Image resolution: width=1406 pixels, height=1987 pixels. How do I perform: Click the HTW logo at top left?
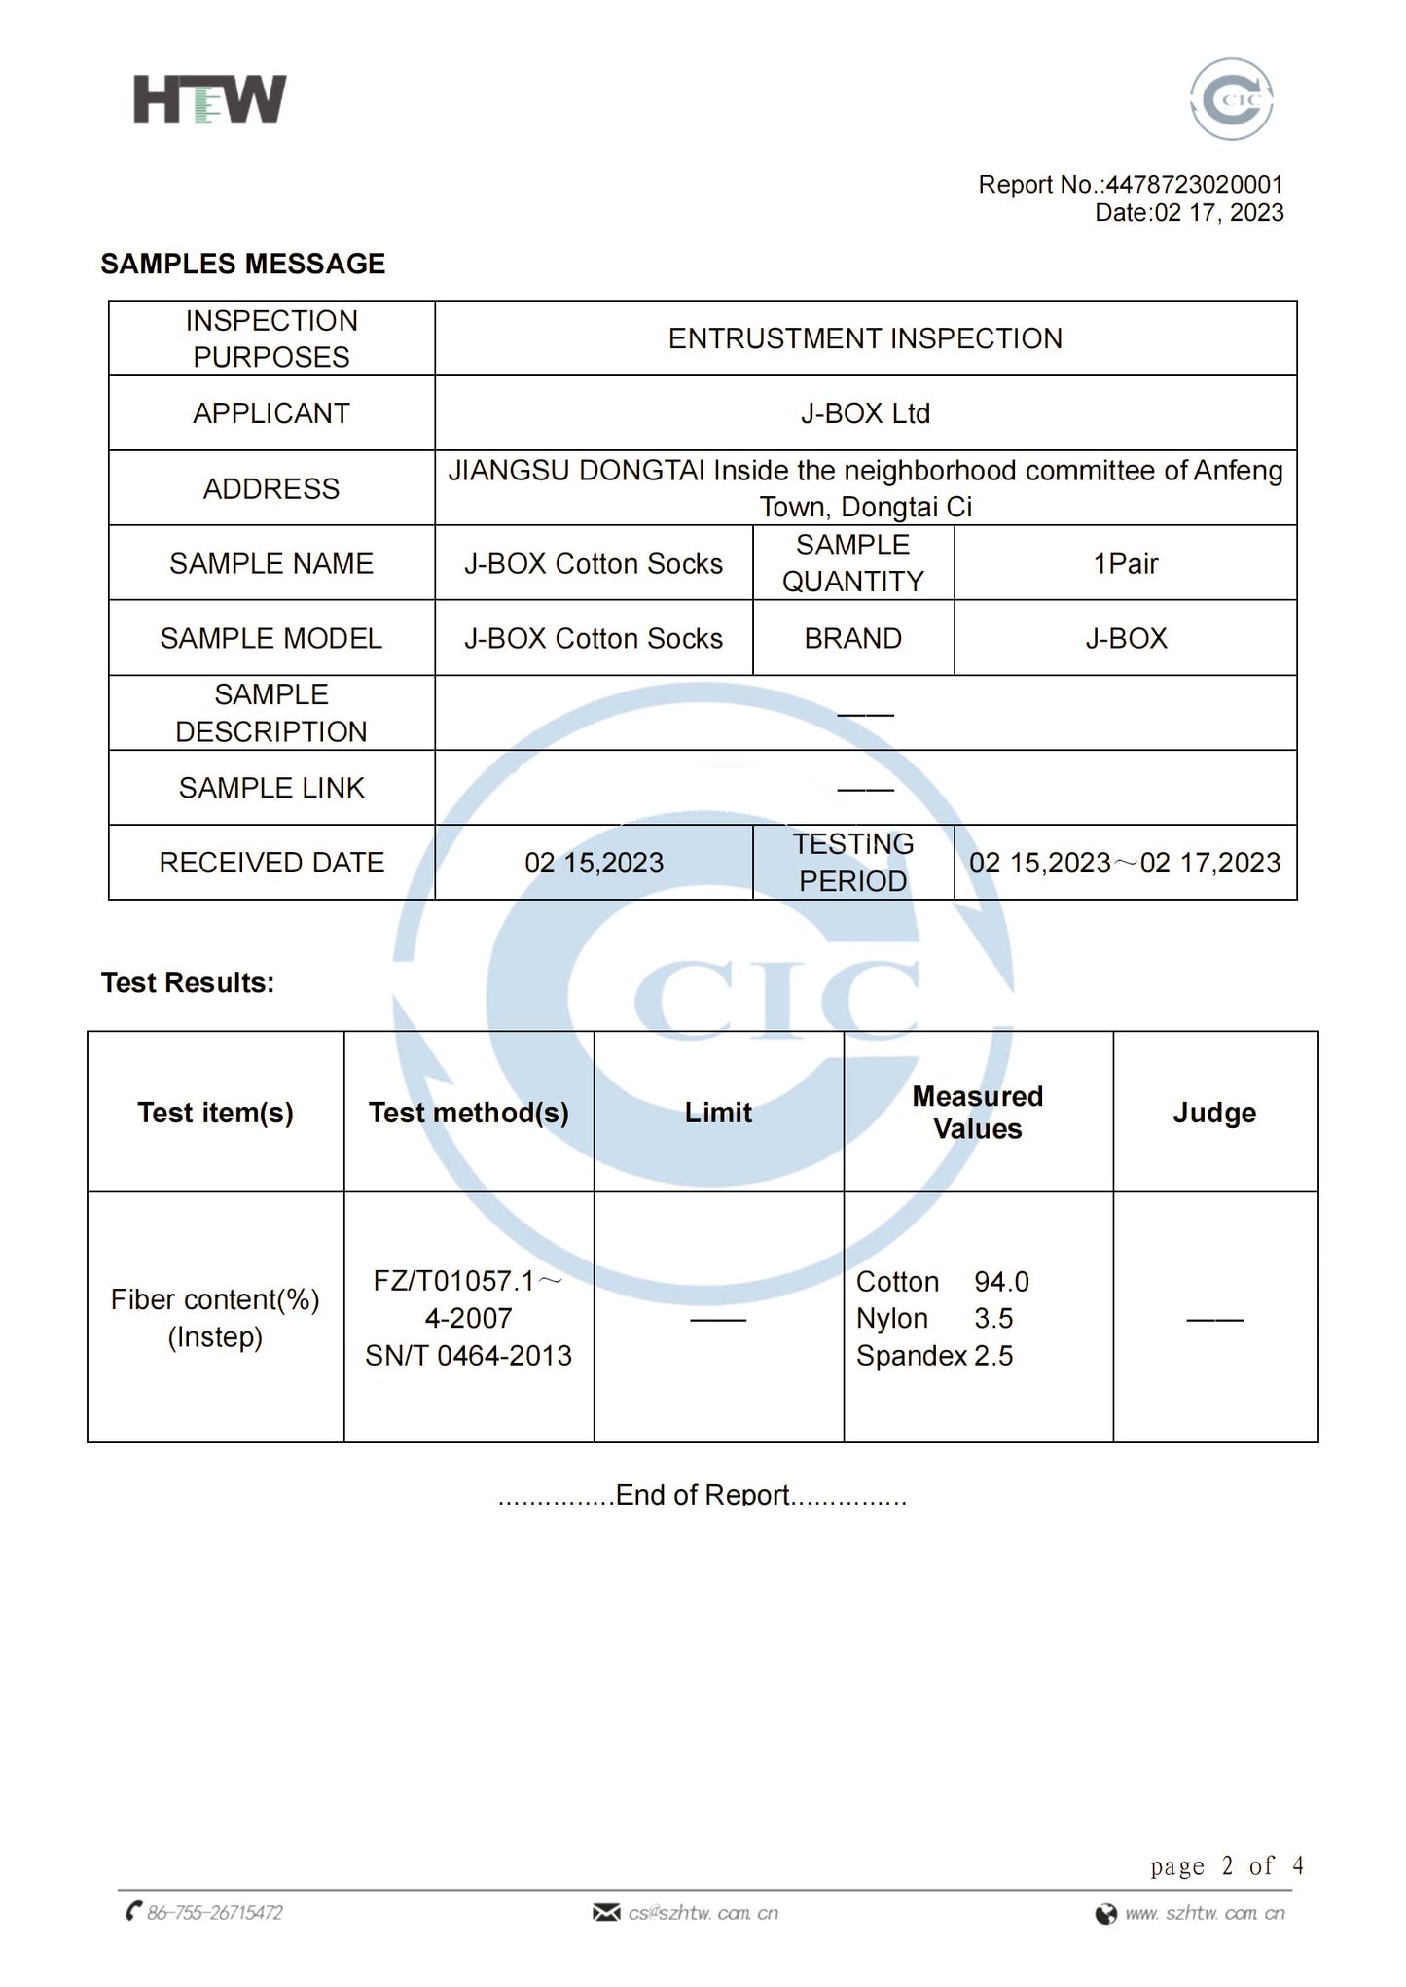(x=209, y=99)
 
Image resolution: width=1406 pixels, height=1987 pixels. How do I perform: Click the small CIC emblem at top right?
(x=1231, y=99)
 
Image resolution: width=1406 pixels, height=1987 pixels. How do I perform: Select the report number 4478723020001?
(x=1194, y=184)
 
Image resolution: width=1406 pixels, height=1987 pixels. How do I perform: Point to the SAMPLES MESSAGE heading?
(x=243, y=264)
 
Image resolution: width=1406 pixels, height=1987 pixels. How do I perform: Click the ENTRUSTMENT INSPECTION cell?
(x=865, y=338)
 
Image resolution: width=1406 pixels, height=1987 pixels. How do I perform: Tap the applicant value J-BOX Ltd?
(x=865, y=413)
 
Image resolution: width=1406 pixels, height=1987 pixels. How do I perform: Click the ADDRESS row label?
(x=271, y=488)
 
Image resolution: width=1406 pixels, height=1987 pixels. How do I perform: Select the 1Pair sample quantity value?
(x=1125, y=563)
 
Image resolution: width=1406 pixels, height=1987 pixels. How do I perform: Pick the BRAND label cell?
(x=852, y=638)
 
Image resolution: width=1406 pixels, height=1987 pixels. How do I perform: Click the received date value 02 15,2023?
(x=594, y=863)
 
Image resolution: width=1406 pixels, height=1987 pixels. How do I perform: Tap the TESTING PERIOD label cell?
(x=852, y=863)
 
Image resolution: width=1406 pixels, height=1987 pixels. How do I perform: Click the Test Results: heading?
(x=188, y=982)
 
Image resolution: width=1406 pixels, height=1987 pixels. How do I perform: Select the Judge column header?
(x=1214, y=1112)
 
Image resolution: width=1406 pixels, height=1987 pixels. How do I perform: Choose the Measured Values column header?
(x=977, y=1112)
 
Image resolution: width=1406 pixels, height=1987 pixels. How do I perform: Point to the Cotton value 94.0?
(x=1001, y=1282)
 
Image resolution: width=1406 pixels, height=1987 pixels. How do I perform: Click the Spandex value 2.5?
(x=993, y=1356)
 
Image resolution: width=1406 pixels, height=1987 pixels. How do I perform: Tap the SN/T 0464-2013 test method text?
(x=468, y=1356)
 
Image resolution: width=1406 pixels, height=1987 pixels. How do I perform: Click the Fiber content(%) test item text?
(x=215, y=1300)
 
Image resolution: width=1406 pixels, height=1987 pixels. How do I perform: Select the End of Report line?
(x=703, y=1495)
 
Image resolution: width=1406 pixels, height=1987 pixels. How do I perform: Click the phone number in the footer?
(x=214, y=1913)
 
